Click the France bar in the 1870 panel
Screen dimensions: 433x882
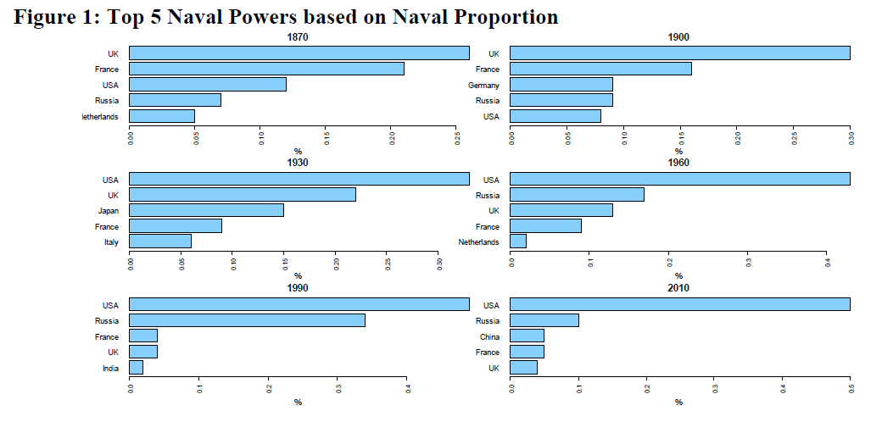click(x=266, y=69)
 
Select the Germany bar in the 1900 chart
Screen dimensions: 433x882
click(x=561, y=85)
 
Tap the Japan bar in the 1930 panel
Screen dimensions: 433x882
click(x=206, y=210)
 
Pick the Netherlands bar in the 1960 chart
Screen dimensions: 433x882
click(x=518, y=241)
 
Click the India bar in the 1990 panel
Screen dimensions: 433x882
click(x=136, y=368)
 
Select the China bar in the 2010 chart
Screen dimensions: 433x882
click(x=528, y=336)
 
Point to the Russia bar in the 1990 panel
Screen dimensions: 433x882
click(x=247, y=320)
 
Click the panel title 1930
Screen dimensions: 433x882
click(x=298, y=163)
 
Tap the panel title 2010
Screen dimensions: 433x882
click(x=678, y=288)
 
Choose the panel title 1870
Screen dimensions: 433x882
click(x=298, y=37)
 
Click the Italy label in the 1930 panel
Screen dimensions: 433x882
click(x=110, y=241)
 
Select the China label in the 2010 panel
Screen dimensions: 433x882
click(x=489, y=336)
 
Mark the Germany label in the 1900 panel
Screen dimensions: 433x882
click(x=483, y=85)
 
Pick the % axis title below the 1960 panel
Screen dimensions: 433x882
click(x=678, y=276)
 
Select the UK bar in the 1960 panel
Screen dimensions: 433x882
click(x=561, y=210)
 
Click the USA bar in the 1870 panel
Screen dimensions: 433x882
click(x=208, y=85)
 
